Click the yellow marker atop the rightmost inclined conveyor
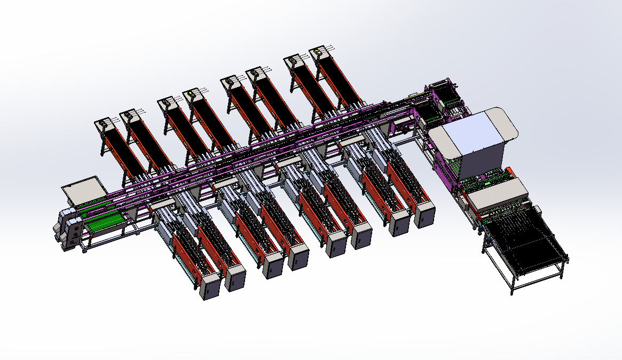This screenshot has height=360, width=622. point(317,52)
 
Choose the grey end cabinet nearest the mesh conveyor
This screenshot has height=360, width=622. point(425,213)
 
